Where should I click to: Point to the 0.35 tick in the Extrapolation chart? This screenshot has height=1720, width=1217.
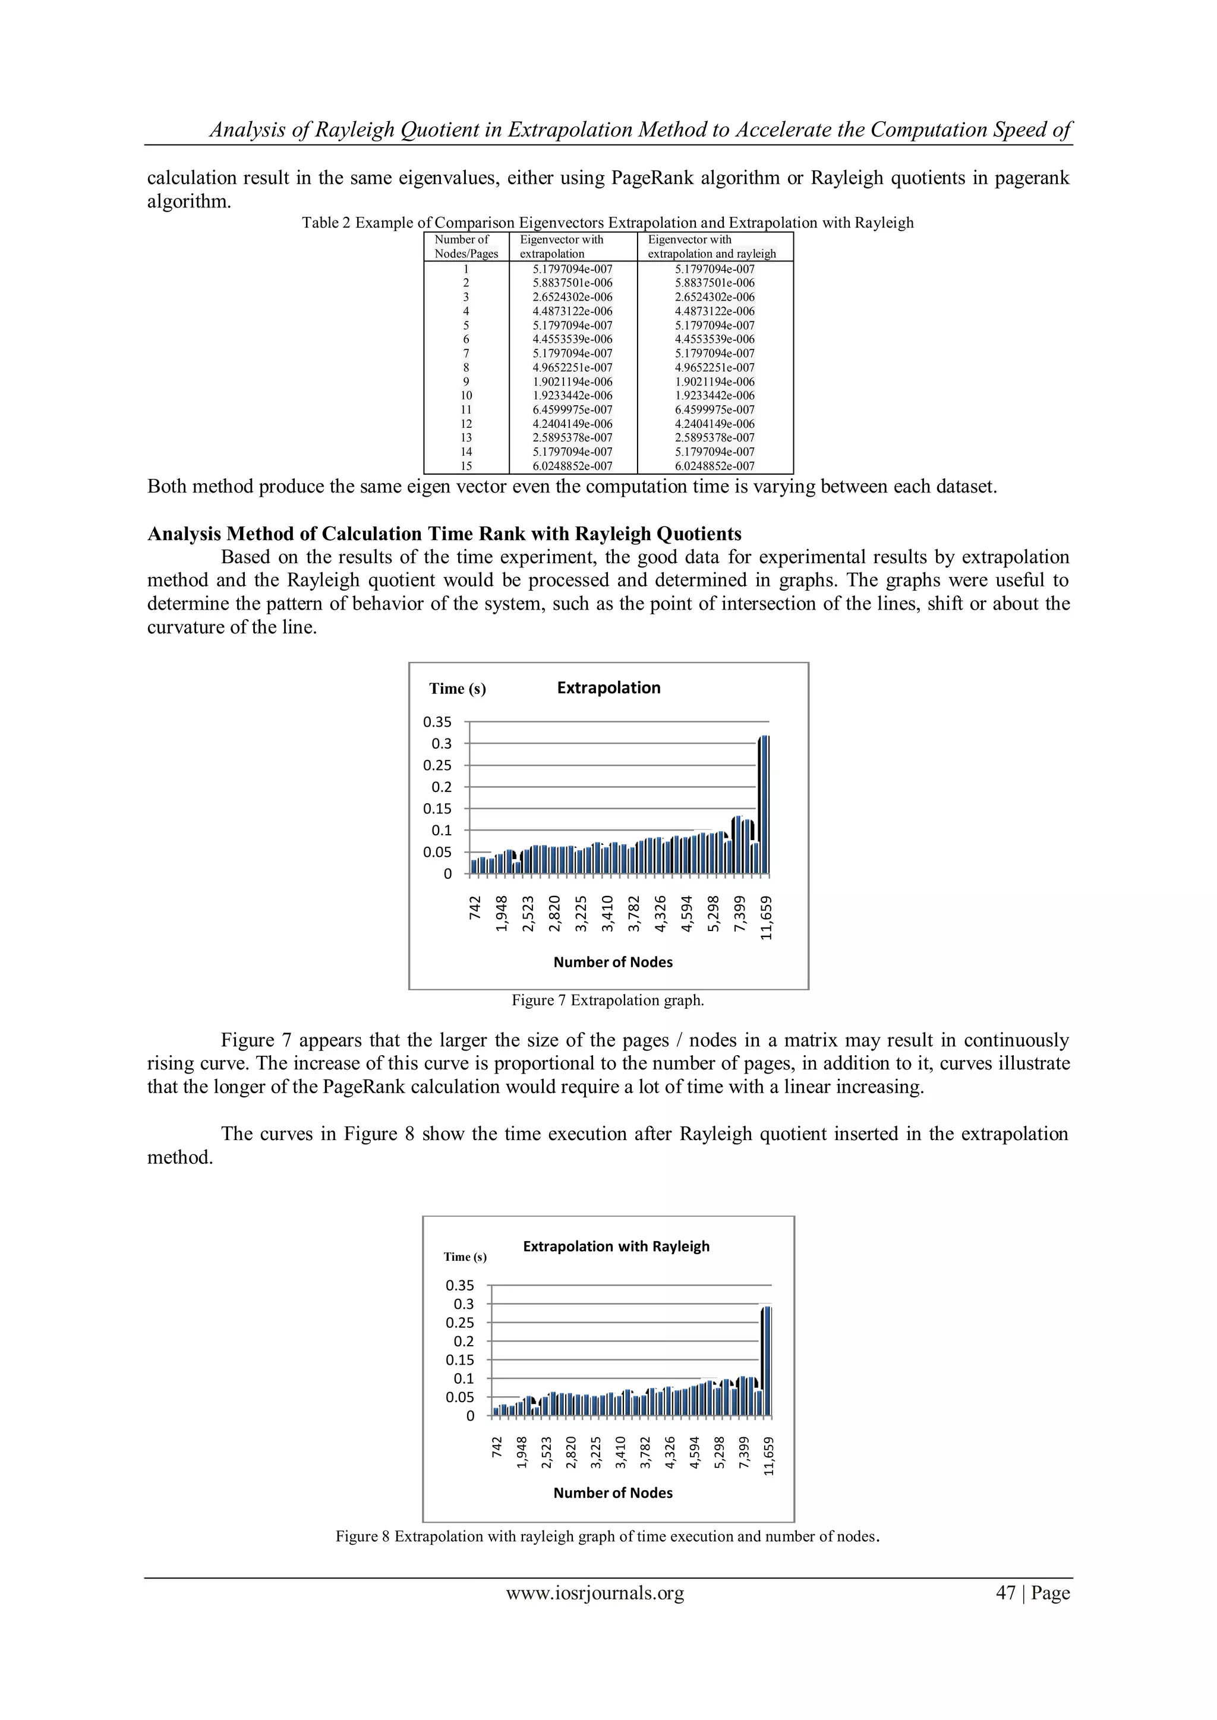pos(437,722)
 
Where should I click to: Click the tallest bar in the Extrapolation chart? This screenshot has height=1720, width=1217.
pos(764,804)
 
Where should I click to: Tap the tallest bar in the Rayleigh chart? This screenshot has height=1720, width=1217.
pos(766,1361)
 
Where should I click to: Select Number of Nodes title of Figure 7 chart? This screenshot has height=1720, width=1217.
pos(613,962)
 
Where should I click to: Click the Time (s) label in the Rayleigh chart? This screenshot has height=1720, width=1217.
pos(465,1257)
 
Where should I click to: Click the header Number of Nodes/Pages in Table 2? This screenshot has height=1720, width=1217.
pos(465,247)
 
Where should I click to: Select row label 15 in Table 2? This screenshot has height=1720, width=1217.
pos(466,466)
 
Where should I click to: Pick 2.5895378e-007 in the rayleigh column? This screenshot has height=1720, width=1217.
pos(714,437)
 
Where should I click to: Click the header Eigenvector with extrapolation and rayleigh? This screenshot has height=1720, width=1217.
pos(711,247)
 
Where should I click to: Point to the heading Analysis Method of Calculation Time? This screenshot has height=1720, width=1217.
pos(444,534)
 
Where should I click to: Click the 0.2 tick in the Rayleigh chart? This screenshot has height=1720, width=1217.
pos(464,1342)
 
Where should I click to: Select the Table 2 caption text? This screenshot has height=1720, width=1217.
pos(608,222)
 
